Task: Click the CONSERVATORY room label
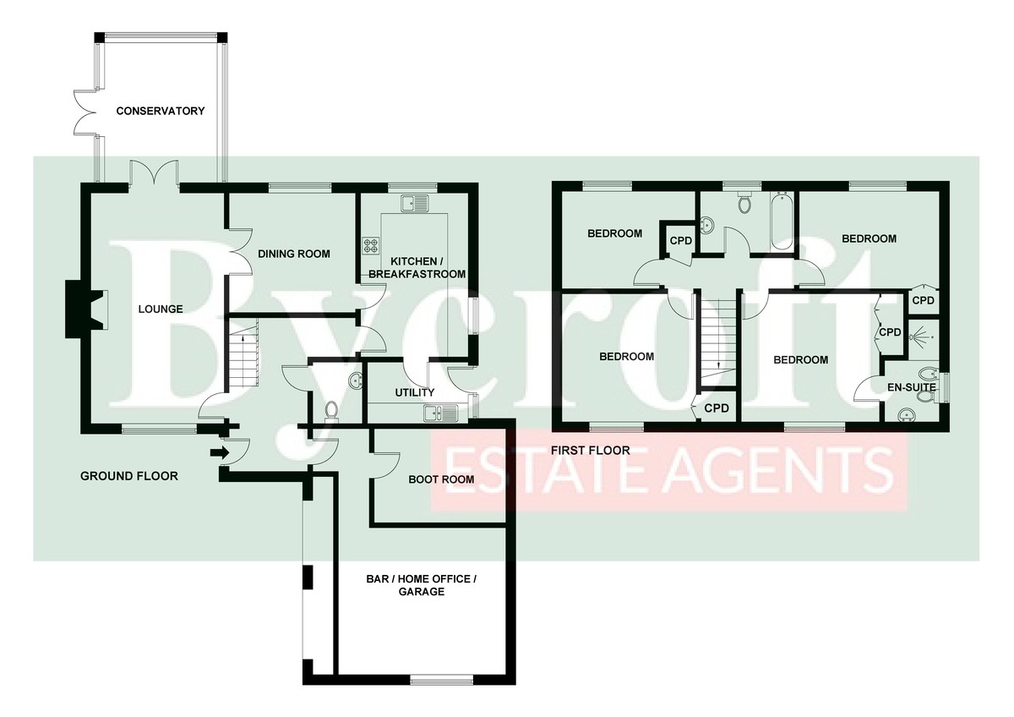(x=161, y=111)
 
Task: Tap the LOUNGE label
(x=161, y=309)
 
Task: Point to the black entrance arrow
(x=219, y=453)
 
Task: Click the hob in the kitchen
(x=372, y=246)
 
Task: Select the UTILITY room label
(x=415, y=392)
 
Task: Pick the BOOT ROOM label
(x=441, y=479)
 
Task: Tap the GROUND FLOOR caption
(x=129, y=476)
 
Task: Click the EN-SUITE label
(x=912, y=387)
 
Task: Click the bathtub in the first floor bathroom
(x=782, y=222)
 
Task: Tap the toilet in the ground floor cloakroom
(x=332, y=410)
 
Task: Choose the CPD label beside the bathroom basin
(x=681, y=240)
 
